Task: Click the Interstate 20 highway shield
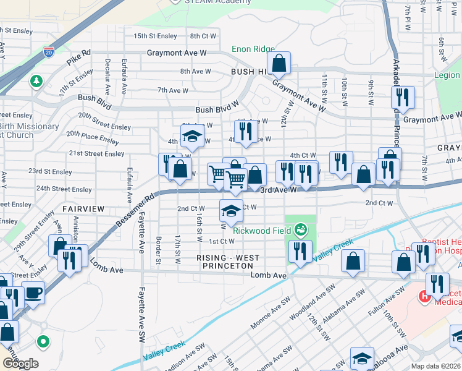pos(49,52)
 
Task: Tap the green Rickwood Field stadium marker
pos(301,230)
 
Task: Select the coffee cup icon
pos(33,291)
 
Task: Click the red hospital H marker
pos(425,297)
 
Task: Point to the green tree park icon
pos(36,81)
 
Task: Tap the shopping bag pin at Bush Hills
pos(279,62)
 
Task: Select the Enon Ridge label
pos(253,49)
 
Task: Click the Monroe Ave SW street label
pos(270,315)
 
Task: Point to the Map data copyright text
pos(435,366)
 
